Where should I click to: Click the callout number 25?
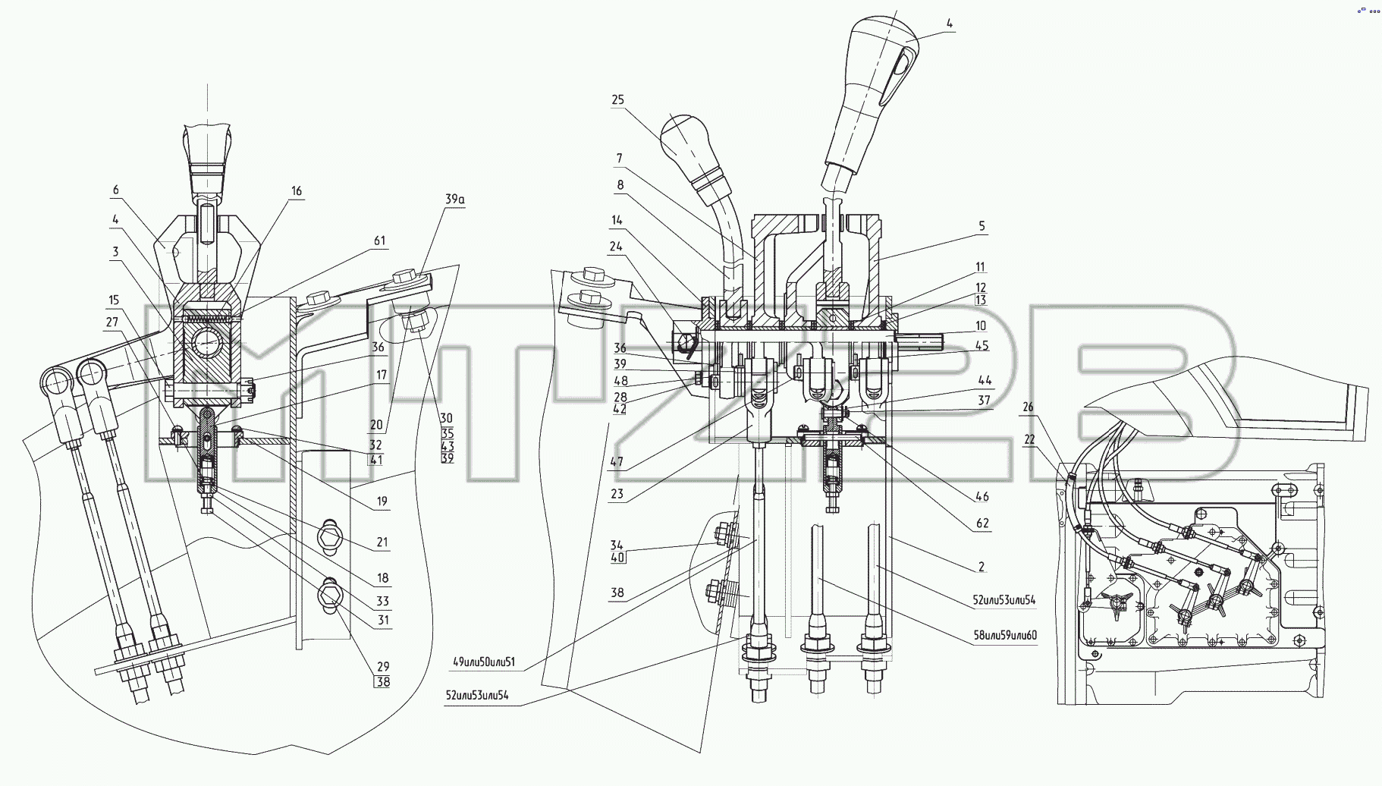(x=617, y=100)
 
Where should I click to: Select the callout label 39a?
(x=455, y=199)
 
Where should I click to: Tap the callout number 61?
(x=379, y=241)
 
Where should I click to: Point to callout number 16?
(x=297, y=191)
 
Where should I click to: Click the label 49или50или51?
(x=484, y=662)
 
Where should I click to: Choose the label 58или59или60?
(x=1005, y=635)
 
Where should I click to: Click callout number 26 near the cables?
(x=1028, y=407)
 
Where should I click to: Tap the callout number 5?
(x=982, y=226)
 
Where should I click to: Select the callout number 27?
(x=112, y=322)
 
